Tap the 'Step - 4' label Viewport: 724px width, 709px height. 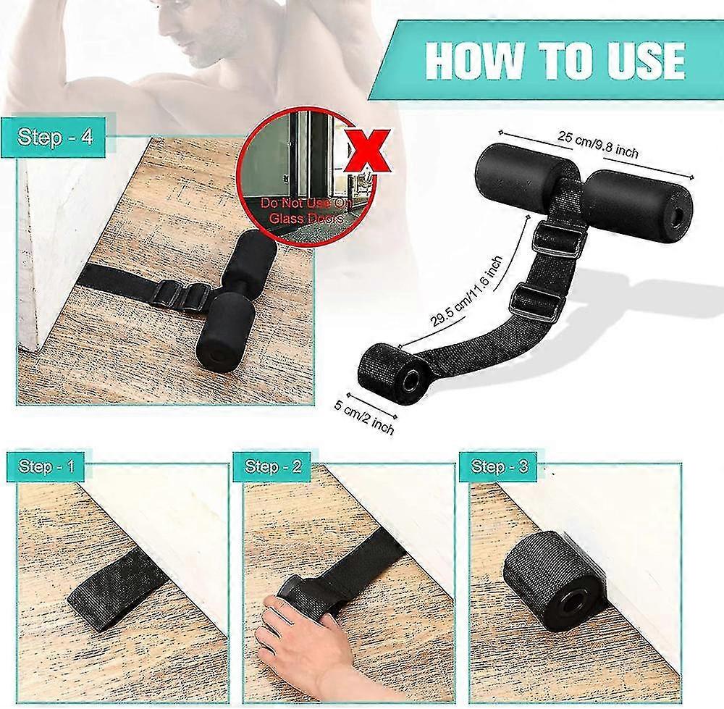(x=55, y=137)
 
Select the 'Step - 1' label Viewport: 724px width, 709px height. (x=46, y=466)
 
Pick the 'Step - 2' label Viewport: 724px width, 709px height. (x=273, y=466)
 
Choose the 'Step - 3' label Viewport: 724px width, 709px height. (x=499, y=466)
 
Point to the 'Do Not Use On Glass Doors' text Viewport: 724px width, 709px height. (x=306, y=211)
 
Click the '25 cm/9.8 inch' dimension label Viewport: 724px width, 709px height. (x=598, y=144)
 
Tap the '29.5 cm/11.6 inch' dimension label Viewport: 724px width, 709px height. (x=467, y=292)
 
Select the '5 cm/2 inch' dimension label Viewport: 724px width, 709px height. (x=364, y=419)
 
